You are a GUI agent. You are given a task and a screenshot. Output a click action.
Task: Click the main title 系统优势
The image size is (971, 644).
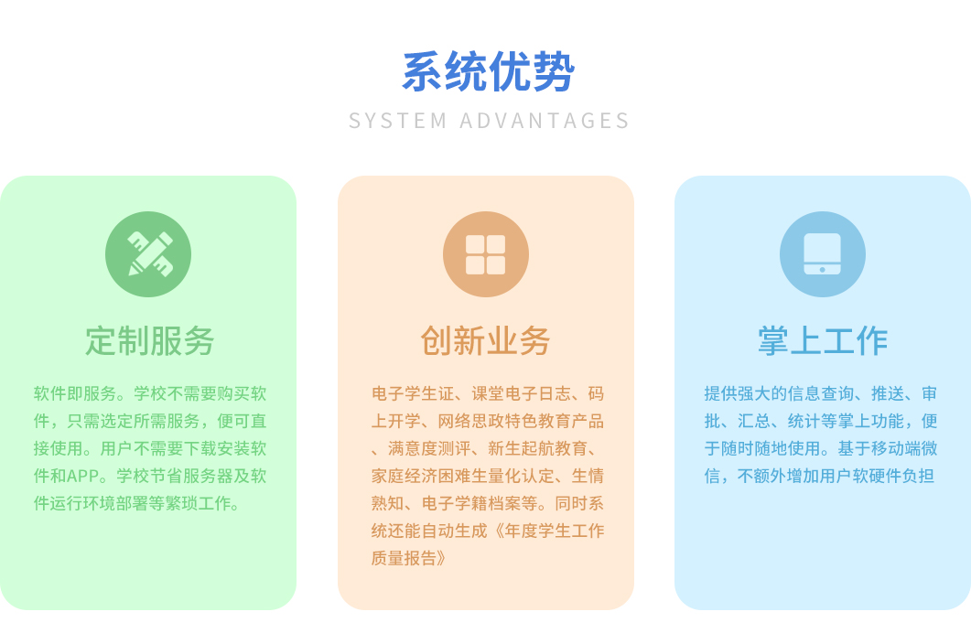489,72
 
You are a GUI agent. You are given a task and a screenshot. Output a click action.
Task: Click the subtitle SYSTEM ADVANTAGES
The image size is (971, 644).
490,121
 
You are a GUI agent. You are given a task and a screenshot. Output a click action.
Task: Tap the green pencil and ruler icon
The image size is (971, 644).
148,254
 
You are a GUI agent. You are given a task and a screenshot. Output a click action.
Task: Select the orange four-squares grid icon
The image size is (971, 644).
485,254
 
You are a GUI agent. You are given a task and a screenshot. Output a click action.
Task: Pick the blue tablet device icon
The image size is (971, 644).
823,254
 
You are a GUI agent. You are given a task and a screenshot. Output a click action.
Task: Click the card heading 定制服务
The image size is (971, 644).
149,341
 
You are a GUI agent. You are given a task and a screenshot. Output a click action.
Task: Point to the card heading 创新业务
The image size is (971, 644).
485,341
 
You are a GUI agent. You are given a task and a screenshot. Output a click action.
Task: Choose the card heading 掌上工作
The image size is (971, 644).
823,341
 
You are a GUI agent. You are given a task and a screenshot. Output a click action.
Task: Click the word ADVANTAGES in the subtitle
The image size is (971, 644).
545,121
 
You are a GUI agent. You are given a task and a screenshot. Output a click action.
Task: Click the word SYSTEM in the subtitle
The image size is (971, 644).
397,121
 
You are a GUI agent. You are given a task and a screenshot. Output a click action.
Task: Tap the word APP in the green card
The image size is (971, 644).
83,477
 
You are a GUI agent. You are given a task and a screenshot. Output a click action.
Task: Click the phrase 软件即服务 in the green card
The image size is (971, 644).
75,394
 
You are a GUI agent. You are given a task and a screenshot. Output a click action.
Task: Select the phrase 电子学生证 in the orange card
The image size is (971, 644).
413,394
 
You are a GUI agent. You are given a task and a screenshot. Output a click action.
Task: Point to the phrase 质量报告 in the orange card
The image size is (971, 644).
405,559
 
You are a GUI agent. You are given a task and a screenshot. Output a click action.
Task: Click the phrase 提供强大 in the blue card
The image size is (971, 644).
737,394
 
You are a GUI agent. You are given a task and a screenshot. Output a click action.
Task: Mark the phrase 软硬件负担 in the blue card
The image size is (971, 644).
892,477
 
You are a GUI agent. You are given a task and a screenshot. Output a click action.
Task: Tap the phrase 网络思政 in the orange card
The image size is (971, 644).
470,421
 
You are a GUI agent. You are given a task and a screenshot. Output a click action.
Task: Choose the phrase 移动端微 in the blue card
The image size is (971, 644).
904,448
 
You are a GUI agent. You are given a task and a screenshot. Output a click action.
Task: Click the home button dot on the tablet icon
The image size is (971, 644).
823,269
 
